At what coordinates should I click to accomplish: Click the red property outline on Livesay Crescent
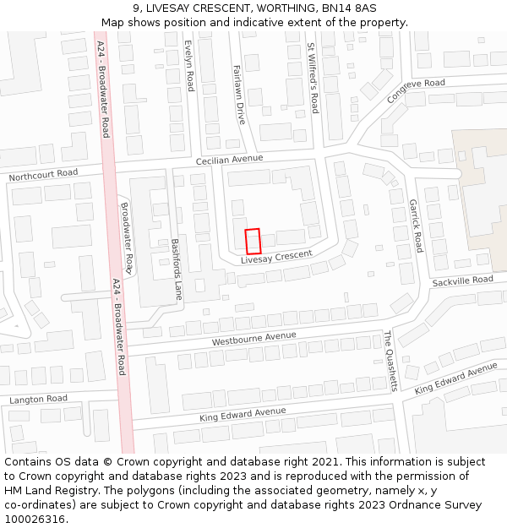click(x=253, y=241)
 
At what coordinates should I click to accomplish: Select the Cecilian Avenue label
click(x=229, y=159)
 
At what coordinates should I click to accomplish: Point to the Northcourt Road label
click(x=43, y=175)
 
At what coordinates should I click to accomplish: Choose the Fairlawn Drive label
click(x=238, y=95)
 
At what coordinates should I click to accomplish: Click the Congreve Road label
click(x=416, y=90)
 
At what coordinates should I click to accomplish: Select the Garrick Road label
click(x=415, y=226)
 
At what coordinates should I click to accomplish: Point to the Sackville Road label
click(x=462, y=280)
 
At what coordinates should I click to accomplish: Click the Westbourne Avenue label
click(x=253, y=339)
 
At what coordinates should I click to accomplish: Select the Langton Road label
click(x=38, y=399)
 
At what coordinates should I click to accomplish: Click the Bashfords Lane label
click(x=177, y=269)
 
